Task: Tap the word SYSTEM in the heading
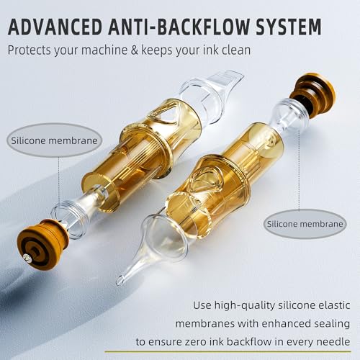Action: pyautogui.click(x=286, y=27)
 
